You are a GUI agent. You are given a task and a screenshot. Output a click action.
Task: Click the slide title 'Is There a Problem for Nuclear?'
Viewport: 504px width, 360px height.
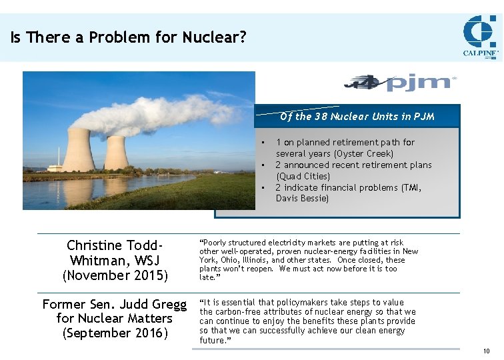(128, 37)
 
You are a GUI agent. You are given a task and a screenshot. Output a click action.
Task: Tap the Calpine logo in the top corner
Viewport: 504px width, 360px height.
(481, 37)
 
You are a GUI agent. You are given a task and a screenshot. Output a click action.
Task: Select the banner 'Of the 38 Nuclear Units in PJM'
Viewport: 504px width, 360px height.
(357, 117)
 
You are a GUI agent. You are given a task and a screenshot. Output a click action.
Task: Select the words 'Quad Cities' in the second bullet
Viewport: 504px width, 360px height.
(303, 177)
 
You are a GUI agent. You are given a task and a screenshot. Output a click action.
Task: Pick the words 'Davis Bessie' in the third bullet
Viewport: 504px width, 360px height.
(301, 199)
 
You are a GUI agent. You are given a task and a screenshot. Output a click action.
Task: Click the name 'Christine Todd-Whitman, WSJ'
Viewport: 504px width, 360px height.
(115, 253)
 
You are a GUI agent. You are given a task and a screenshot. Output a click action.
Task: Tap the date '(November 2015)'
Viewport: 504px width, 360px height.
(115, 275)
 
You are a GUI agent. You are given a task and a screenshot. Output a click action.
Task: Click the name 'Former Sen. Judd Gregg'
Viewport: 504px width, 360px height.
(115, 305)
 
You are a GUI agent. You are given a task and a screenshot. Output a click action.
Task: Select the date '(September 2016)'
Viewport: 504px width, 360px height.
(115, 333)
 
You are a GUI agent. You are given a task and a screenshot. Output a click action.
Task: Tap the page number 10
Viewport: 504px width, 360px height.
(486, 351)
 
